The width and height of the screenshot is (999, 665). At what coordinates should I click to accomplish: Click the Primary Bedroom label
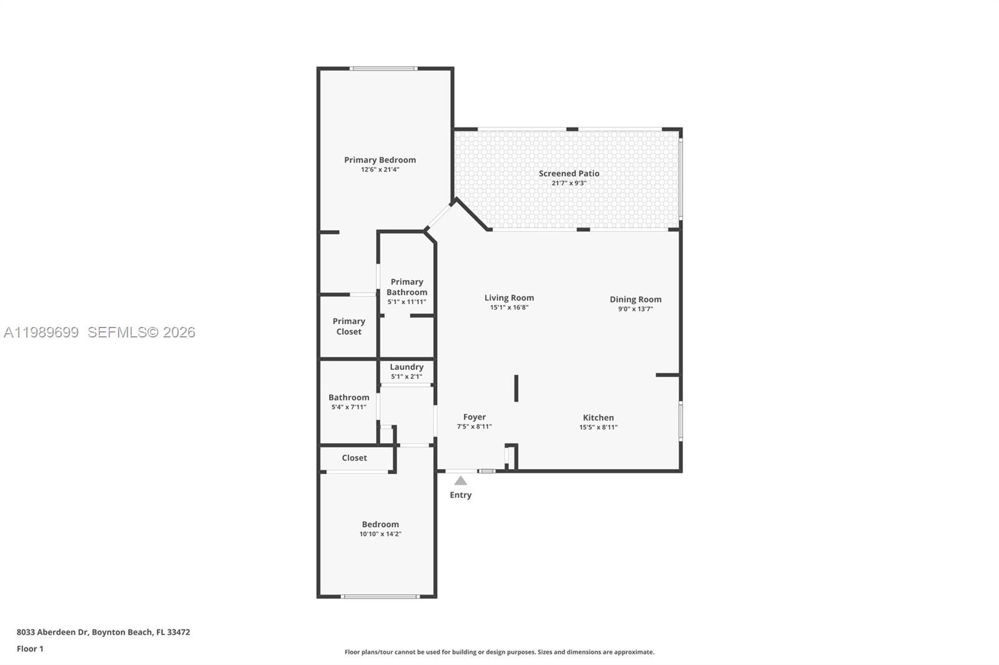380,160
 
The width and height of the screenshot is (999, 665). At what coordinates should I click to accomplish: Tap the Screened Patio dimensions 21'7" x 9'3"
569,183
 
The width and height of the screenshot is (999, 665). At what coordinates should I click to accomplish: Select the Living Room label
509,298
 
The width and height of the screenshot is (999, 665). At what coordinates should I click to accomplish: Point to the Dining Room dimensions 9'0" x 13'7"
635,309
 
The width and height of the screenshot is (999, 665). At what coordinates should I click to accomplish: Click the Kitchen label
598,417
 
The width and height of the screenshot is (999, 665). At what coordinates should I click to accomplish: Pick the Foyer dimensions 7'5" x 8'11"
474,427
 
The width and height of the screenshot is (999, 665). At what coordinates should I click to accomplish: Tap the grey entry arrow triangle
460,481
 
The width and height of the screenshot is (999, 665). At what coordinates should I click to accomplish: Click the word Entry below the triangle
460,495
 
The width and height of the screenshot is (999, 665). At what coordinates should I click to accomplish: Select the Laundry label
406,367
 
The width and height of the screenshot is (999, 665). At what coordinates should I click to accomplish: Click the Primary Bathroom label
406,287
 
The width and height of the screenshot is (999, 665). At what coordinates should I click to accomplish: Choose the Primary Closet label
348,326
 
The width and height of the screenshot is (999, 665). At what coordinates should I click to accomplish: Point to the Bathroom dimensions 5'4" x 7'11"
348,407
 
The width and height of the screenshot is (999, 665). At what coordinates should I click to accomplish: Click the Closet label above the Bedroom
354,458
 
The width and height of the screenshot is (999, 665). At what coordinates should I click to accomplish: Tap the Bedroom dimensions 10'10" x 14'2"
380,534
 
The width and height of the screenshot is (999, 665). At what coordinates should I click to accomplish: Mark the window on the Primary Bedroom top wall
383,68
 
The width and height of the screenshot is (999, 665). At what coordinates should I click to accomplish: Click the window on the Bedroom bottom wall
380,597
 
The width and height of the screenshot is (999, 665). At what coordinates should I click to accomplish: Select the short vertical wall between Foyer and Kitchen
516,388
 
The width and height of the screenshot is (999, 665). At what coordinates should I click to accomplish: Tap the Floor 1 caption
30,649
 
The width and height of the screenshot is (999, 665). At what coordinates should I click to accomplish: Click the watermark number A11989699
41,332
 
